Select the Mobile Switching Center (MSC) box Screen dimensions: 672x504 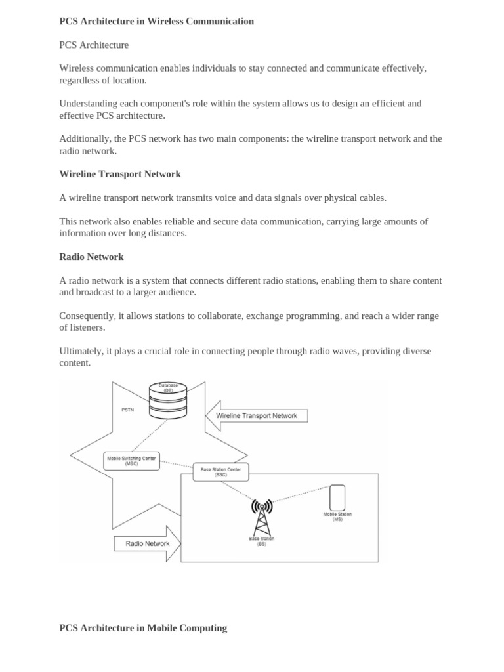point(131,461)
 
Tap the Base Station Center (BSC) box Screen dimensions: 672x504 point(220,472)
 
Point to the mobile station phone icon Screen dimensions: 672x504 point(337,497)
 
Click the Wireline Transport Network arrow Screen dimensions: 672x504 point(257,415)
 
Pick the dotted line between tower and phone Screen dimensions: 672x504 point(299,494)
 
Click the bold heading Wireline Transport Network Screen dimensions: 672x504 point(120,174)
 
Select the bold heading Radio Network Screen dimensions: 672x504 point(91,257)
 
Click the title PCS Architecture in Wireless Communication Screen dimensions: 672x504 point(156,21)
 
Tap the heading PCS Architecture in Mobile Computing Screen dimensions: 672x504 point(143,628)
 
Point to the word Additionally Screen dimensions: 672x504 point(85,138)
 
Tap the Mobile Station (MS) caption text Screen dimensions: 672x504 point(337,516)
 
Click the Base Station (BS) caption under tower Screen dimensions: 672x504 point(261,541)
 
